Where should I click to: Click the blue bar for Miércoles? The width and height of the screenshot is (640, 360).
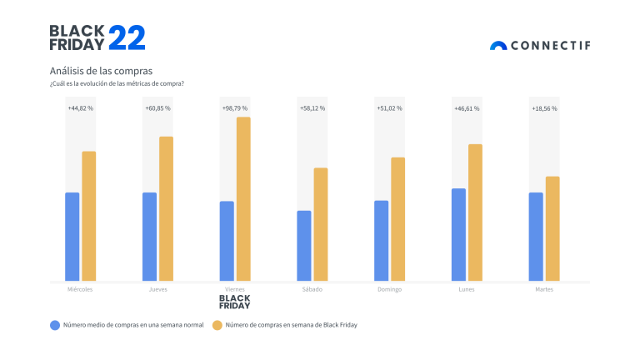(x=72, y=237)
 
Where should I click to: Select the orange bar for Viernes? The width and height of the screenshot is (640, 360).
(x=243, y=198)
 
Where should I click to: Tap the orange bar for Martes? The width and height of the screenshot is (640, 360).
(x=552, y=228)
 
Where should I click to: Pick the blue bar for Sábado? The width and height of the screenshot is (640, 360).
(x=304, y=246)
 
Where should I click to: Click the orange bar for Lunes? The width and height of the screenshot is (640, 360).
(x=475, y=212)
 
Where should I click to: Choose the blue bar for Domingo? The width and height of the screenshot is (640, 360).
(x=382, y=241)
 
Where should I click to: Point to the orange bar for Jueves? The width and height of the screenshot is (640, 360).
(x=166, y=208)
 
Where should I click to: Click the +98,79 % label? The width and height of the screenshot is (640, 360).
(x=235, y=108)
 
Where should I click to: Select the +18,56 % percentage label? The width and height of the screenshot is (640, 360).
(x=544, y=108)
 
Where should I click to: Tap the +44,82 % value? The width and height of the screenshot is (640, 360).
(x=80, y=108)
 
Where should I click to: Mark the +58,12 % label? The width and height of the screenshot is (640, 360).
(x=312, y=108)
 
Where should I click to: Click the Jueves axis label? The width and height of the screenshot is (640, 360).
(x=157, y=289)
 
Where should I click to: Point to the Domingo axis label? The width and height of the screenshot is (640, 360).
(x=389, y=289)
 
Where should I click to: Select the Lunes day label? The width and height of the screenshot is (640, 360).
(x=467, y=289)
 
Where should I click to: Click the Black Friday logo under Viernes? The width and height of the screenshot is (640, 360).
(x=234, y=302)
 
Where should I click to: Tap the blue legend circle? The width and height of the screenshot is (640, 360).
(x=55, y=325)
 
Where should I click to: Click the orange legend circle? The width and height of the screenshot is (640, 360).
(x=217, y=325)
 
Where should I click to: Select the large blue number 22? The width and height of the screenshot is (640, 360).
(x=127, y=38)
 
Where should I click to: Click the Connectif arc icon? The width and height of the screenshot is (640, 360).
(x=498, y=46)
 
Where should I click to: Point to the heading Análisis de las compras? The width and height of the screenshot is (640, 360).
(x=101, y=71)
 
